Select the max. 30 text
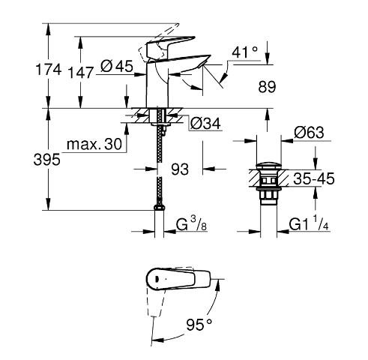pos(93,144)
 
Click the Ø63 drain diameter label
pos(309,133)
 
